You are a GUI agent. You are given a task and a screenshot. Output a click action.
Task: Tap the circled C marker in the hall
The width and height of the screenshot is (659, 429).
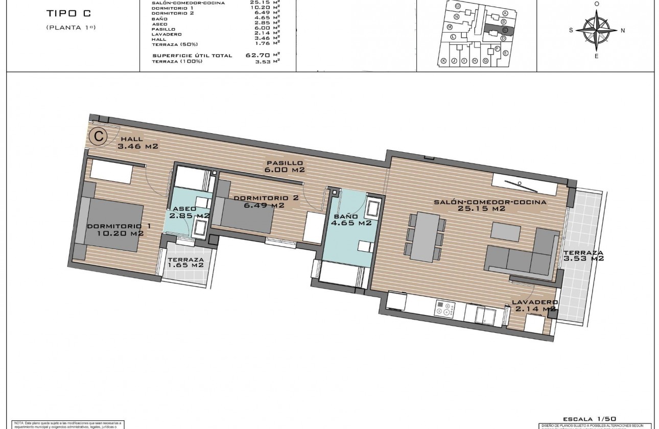point(97,136)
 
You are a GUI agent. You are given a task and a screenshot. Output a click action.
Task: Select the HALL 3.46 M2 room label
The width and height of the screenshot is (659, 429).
point(137,142)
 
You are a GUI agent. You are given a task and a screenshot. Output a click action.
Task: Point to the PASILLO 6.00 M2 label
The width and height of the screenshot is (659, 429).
point(285,166)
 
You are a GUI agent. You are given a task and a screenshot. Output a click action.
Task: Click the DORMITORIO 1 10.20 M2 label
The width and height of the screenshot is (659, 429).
point(114,230)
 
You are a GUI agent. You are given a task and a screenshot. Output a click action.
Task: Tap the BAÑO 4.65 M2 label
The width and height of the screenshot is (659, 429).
point(350,219)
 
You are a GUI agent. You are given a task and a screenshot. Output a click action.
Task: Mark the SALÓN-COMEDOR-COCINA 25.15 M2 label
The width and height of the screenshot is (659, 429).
point(490,205)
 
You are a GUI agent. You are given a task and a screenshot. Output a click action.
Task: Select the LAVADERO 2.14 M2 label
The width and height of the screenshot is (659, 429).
point(534,305)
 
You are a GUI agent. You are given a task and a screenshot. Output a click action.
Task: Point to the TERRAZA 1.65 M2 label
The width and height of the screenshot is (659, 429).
point(186,262)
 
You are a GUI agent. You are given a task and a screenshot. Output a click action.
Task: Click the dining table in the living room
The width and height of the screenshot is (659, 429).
point(426,236)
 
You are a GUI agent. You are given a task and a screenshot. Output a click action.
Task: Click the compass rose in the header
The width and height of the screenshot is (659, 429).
point(596,29)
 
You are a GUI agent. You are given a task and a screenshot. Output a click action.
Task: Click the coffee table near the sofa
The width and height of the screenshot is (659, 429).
point(506,231)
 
